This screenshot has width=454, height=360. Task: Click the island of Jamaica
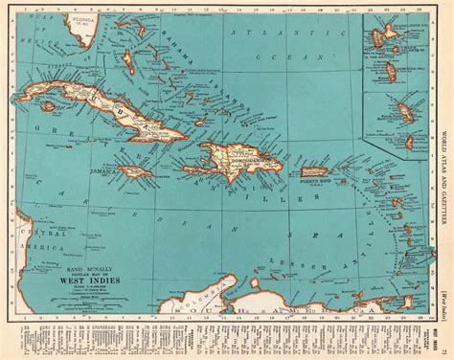click(133, 173)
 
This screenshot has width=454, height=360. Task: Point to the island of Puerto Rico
click(315, 172)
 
